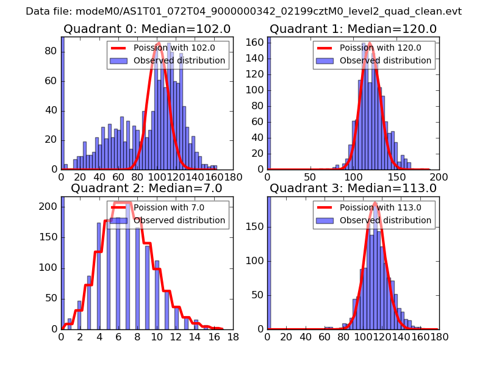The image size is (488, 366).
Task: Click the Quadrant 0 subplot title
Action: [x=146, y=29]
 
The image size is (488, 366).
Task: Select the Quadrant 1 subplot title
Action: [x=353, y=29]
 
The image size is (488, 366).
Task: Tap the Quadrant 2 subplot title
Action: [x=146, y=188]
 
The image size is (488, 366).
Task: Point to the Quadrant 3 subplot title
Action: [x=353, y=188]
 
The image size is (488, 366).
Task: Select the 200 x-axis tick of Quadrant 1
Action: [x=439, y=177]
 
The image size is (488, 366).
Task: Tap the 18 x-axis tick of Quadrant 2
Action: [x=232, y=336]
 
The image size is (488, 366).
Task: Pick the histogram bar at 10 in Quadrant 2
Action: [x=157, y=295]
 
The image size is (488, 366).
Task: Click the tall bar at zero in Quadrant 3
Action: [x=269, y=262]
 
